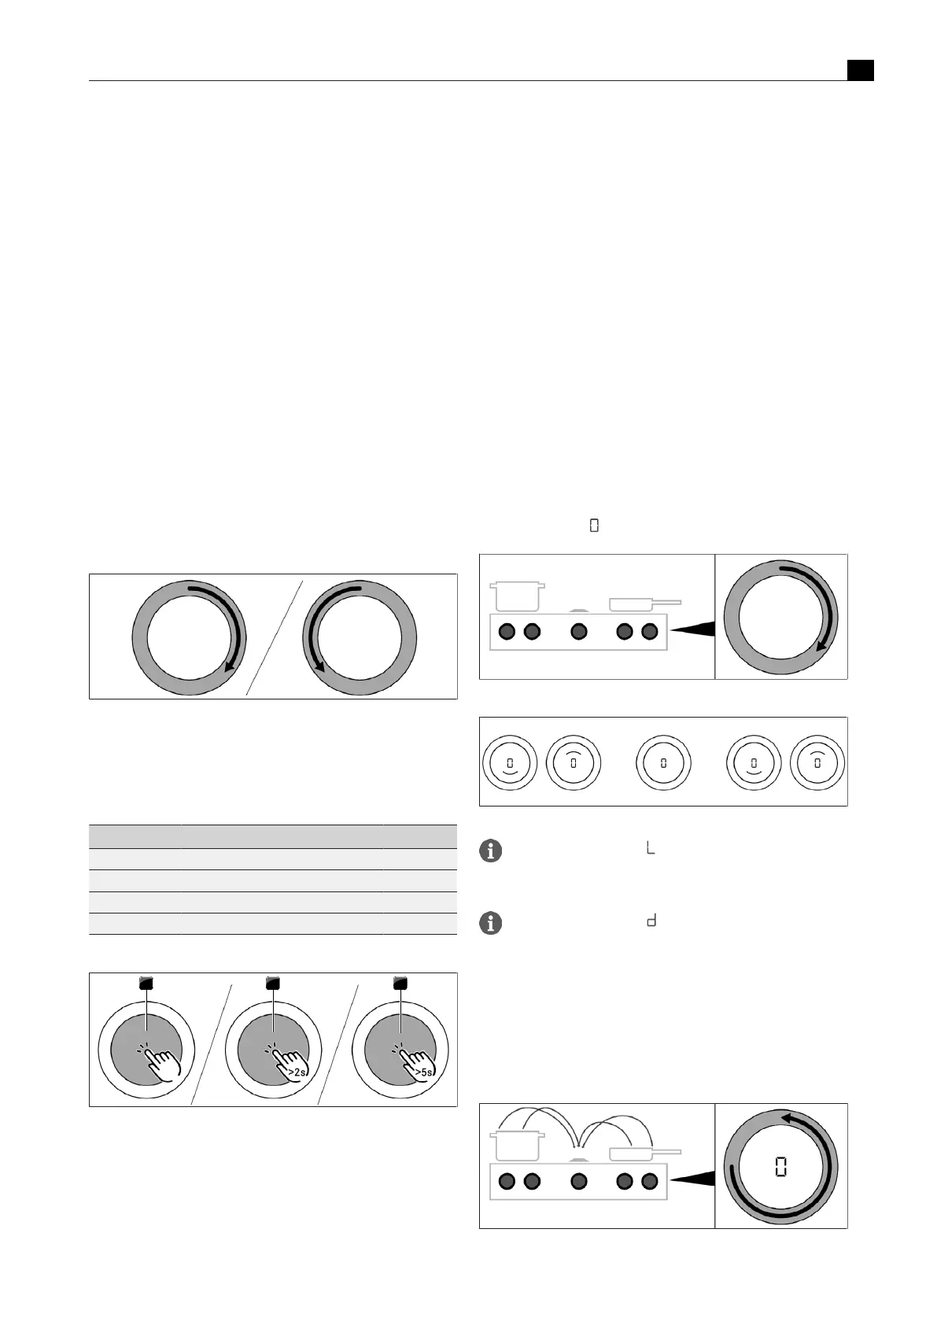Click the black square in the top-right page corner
pyautogui.click(x=860, y=70)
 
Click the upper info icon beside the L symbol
pyautogui.click(x=490, y=851)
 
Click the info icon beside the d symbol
pyautogui.click(x=490, y=923)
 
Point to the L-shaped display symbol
pyautogui.click(x=651, y=849)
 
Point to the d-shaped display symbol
pyautogui.click(x=651, y=921)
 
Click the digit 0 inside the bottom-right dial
pyautogui.click(x=780, y=1167)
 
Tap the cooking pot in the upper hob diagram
pyautogui.click(x=517, y=596)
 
